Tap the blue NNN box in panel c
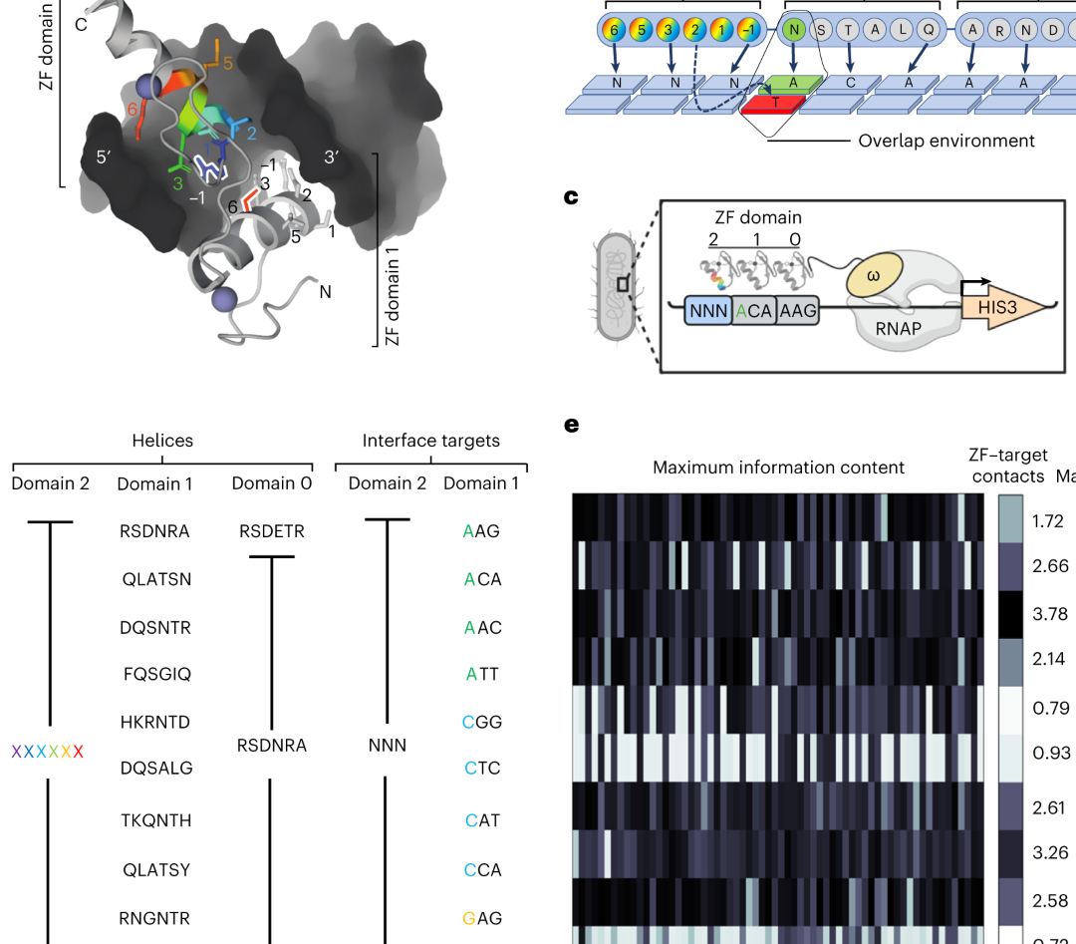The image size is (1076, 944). coord(708,311)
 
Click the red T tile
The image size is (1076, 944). coord(775,102)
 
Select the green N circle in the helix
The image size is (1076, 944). coord(794,30)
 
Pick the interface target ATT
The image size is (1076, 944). coord(482,674)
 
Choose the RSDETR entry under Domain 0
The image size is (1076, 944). coord(272,531)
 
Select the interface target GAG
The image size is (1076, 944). coord(482,918)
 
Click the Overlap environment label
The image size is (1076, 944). coord(946,141)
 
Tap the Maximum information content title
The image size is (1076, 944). coord(778,467)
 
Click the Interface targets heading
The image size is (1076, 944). coord(431,441)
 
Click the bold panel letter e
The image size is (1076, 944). coord(571,425)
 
